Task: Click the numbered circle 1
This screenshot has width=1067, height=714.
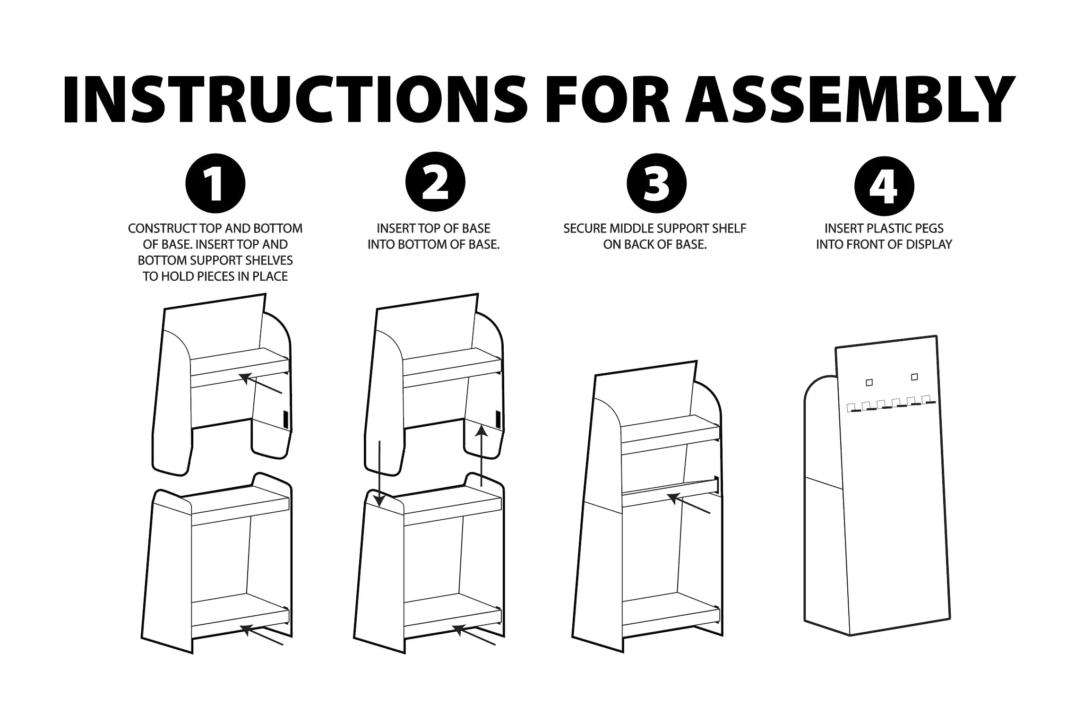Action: [x=215, y=184]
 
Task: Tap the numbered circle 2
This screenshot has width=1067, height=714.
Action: [x=435, y=182]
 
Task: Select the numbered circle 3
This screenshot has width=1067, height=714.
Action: [x=656, y=184]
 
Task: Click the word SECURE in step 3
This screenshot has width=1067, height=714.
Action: [x=585, y=229]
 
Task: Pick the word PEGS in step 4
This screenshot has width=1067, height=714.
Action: [x=929, y=229]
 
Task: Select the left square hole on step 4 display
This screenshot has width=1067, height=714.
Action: [x=869, y=383]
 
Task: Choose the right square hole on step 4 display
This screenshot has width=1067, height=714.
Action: [x=914, y=377]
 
